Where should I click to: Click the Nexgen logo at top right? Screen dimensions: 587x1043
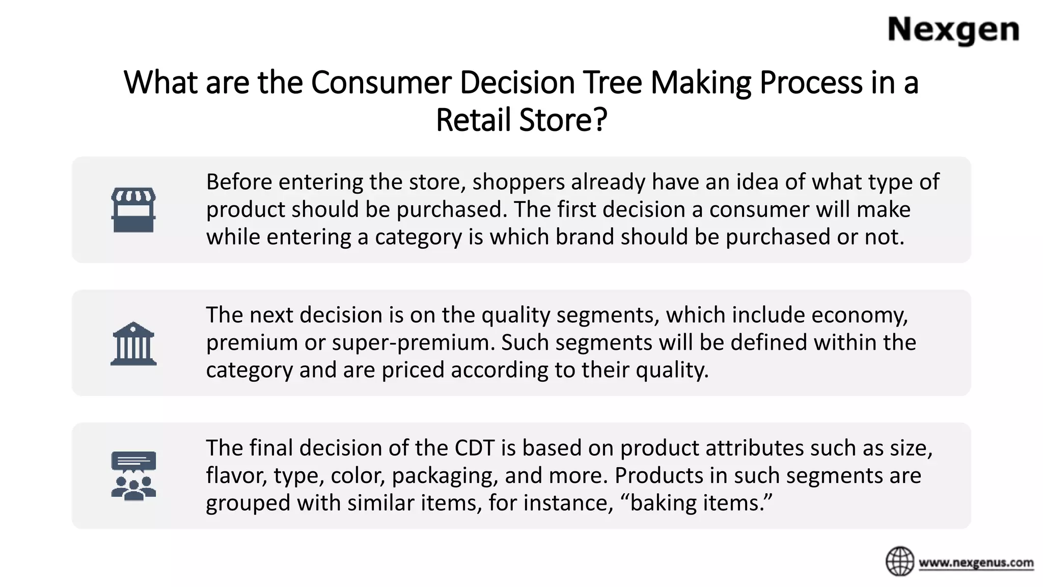click(x=953, y=31)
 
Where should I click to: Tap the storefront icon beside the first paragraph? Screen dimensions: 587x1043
click(x=133, y=209)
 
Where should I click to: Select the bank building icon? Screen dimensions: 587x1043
click(x=133, y=343)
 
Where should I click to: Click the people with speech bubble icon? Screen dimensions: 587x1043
click(x=133, y=476)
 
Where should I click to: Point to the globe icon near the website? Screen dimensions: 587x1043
click(x=900, y=562)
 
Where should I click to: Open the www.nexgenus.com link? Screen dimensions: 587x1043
click(x=976, y=563)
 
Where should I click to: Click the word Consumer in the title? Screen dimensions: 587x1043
click(x=381, y=83)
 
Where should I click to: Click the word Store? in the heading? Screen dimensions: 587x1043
click(x=563, y=120)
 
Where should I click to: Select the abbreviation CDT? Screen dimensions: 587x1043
click(x=475, y=448)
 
